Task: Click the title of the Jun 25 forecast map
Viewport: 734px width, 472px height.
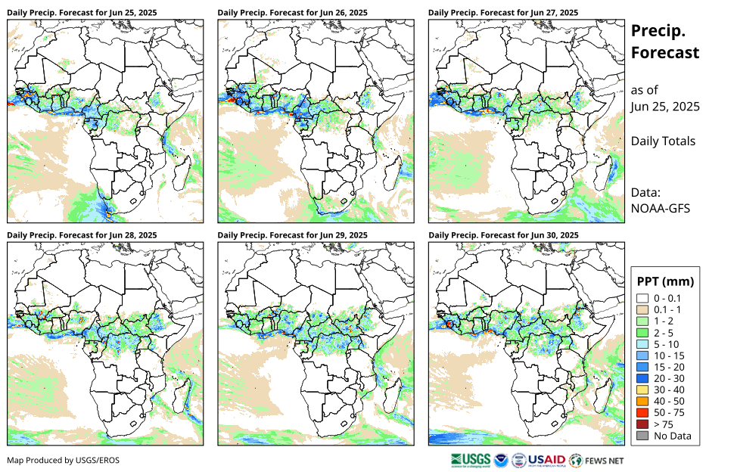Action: (x=82, y=12)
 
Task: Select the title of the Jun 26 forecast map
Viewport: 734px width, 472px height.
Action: (x=292, y=12)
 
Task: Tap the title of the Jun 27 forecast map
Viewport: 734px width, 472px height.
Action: (x=503, y=12)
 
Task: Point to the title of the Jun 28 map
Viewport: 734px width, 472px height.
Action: (x=82, y=235)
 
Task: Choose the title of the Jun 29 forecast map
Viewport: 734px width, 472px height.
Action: (x=292, y=235)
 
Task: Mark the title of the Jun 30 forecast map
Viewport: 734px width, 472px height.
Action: (x=503, y=235)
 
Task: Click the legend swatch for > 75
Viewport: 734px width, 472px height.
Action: (x=642, y=424)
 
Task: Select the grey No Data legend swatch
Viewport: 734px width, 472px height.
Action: (x=642, y=436)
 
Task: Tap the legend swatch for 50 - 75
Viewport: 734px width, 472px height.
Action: (x=642, y=412)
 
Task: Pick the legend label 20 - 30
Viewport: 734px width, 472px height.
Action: (x=669, y=378)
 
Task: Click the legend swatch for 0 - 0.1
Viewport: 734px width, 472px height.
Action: (x=642, y=298)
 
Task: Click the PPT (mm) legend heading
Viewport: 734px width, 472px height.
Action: (x=665, y=281)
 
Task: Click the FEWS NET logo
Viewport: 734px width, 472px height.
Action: (x=597, y=459)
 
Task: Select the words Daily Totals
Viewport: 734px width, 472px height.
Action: (x=663, y=141)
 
